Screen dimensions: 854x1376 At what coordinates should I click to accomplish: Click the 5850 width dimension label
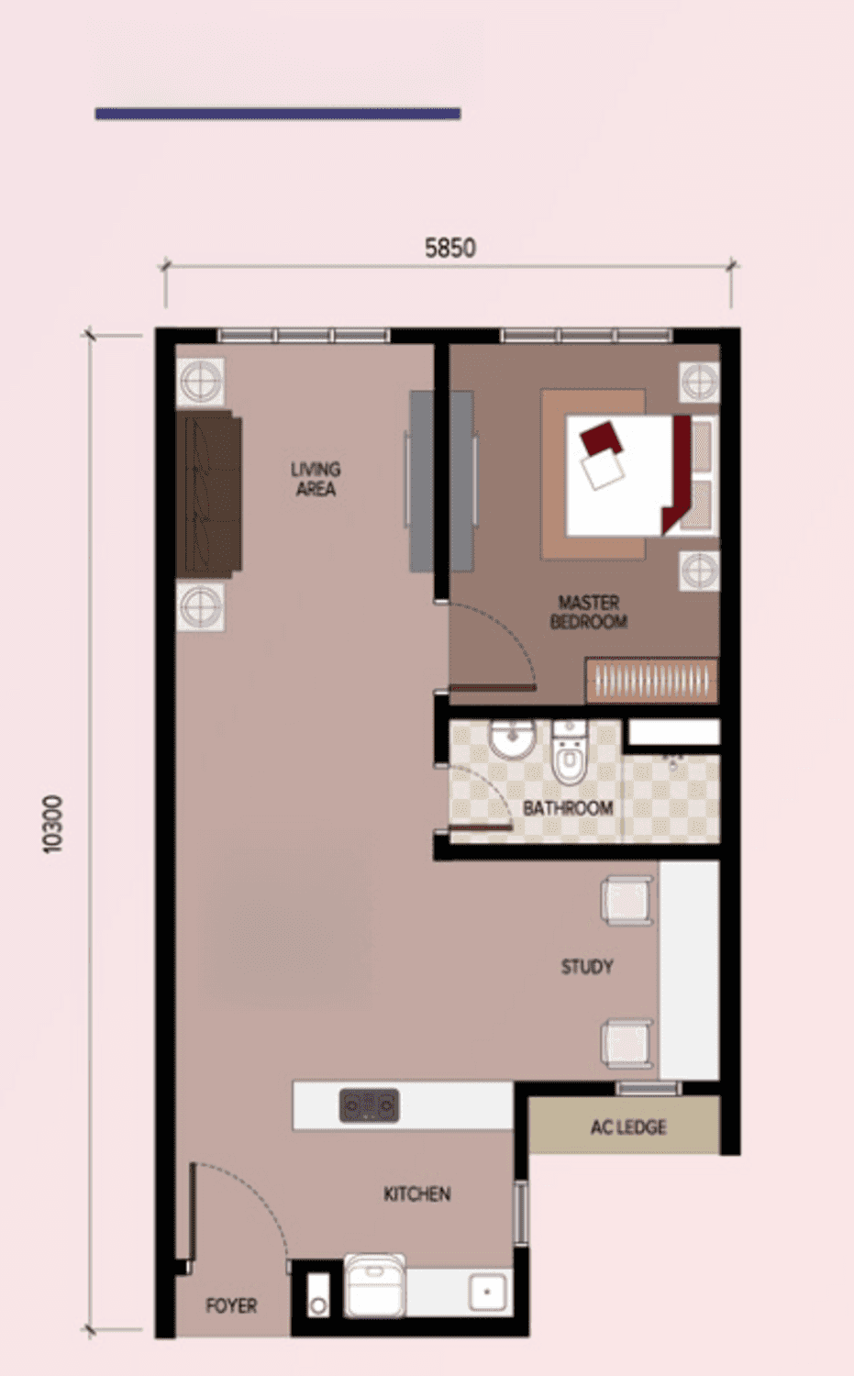(x=450, y=249)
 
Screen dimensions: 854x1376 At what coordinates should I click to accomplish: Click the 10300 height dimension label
(x=53, y=825)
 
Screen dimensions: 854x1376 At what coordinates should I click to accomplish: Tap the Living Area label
(x=316, y=479)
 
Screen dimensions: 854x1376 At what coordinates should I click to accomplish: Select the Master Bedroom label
(x=589, y=612)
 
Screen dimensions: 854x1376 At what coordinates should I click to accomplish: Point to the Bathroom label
(x=568, y=808)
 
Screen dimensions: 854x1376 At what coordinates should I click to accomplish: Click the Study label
(x=587, y=967)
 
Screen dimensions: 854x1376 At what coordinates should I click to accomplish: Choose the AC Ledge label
(x=628, y=1127)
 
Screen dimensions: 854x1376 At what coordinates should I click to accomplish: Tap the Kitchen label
(x=417, y=1193)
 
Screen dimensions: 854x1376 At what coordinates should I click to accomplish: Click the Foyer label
(x=231, y=1305)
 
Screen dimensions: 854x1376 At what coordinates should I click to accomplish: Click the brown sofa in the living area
(x=209, y=494)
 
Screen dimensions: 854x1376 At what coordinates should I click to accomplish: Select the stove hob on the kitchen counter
(x=370, y=1105)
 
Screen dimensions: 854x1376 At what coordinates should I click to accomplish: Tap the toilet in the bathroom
(x=570, y=752)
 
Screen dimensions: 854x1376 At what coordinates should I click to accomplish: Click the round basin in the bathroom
(x=512, y=739)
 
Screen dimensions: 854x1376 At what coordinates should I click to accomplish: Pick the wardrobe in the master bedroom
(x=651, y=680)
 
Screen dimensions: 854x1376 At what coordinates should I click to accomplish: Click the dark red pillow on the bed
(x=602, y=438)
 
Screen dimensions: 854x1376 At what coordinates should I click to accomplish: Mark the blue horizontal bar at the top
(x=278, y=114)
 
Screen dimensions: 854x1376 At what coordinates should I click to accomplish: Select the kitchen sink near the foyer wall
(x=487, y=1292)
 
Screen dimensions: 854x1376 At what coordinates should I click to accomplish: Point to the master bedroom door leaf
(x=493, y=687)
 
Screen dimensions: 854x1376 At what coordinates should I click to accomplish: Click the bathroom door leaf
(x=481, y=827)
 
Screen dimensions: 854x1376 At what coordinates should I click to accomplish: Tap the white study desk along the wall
(x=689, y=970)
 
